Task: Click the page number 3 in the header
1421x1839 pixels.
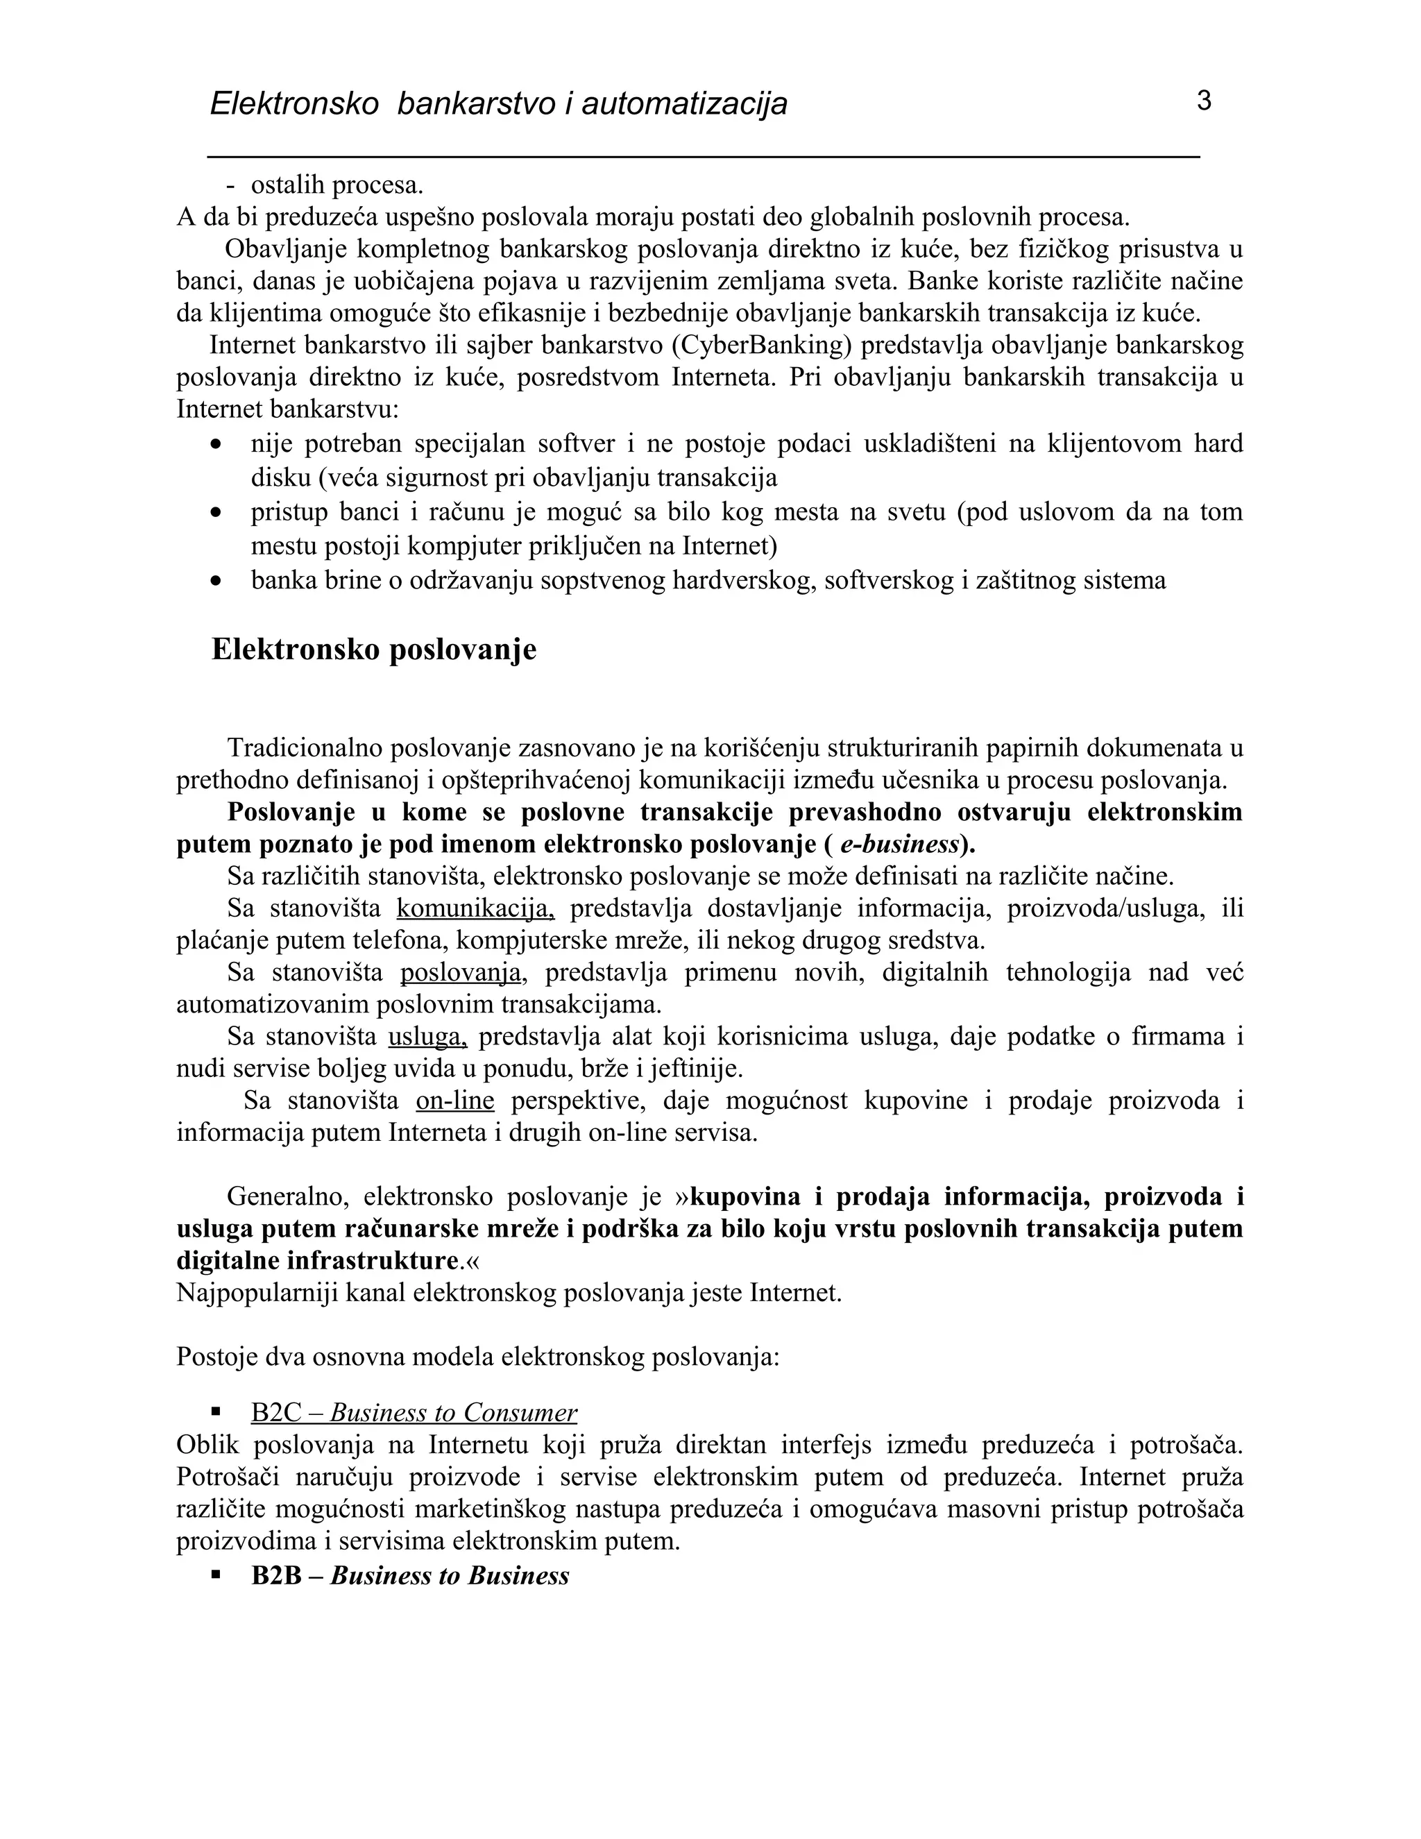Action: [1203, 101]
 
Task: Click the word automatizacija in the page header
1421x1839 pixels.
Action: [683, 104]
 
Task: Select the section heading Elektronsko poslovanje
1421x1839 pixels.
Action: [374, 650]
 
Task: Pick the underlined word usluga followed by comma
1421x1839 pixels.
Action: [427, 1037]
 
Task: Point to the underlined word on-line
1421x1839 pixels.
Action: [454, 1101]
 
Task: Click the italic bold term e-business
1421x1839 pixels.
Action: [900, 845]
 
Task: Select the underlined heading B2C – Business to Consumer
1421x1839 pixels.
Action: [414, 1412]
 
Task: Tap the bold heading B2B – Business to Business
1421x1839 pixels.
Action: [410, 1575]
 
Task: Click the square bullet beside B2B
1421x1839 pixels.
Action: [216, 1575]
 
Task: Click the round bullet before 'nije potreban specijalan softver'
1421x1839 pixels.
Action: [216, 443]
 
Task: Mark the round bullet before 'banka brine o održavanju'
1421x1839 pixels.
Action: [216, 581]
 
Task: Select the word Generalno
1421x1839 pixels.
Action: [282, 1196]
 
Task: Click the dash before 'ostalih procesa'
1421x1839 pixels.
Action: [230, 185]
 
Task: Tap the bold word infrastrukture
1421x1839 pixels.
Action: [375, 1260]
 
